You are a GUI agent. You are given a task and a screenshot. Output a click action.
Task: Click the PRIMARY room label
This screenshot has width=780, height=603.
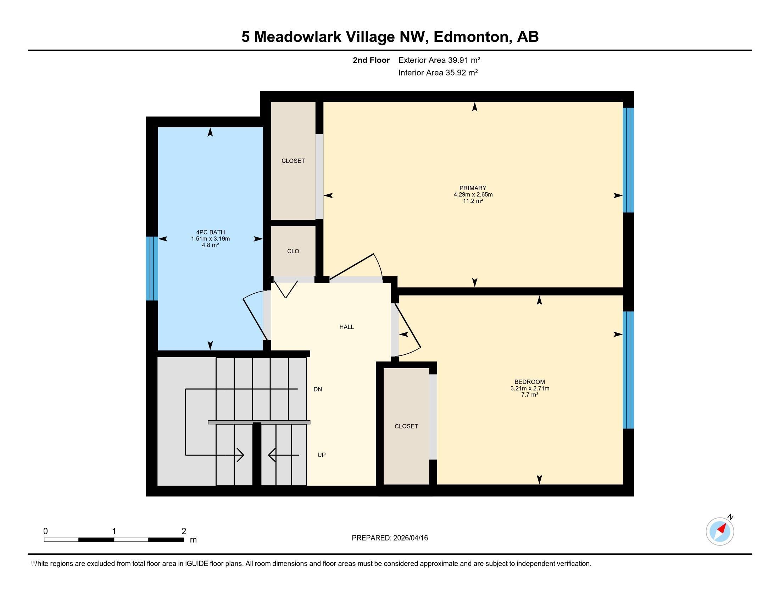pos(473,188)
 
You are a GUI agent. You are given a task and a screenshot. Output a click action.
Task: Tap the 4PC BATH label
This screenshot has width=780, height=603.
pos(210,232)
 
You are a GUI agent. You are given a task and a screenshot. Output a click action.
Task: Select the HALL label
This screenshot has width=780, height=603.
pos(346,327)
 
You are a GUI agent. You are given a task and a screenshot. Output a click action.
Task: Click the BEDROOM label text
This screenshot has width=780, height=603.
pos(530,382)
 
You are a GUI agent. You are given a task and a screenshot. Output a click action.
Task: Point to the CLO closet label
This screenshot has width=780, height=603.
pos(293,251)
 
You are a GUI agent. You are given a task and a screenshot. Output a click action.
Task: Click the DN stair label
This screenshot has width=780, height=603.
pos(318,389)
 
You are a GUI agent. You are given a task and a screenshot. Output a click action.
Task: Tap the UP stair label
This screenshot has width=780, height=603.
pos(322,455)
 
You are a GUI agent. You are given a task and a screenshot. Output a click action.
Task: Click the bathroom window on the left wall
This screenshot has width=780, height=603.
pos(152,268)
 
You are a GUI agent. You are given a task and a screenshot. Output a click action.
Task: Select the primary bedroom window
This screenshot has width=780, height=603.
pos(628,160)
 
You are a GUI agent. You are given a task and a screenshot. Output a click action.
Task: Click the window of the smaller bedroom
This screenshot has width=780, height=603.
pos(628,370)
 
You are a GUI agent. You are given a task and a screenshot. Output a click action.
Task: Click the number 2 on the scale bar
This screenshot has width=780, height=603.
pos(184,531)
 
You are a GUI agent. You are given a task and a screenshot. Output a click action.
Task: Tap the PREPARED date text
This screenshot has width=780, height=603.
pos(390,538)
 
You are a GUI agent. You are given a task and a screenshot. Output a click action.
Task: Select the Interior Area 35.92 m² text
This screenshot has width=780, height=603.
pos(438,72)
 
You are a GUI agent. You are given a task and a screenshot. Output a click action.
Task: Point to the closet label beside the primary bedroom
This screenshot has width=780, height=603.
pos(293,161)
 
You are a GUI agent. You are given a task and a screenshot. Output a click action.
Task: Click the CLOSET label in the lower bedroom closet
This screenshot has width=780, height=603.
pos(406,426)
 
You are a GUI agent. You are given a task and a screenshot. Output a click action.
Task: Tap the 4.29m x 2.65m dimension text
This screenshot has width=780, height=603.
pos(473,195)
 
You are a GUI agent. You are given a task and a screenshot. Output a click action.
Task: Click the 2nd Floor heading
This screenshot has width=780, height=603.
pos(371,60)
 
